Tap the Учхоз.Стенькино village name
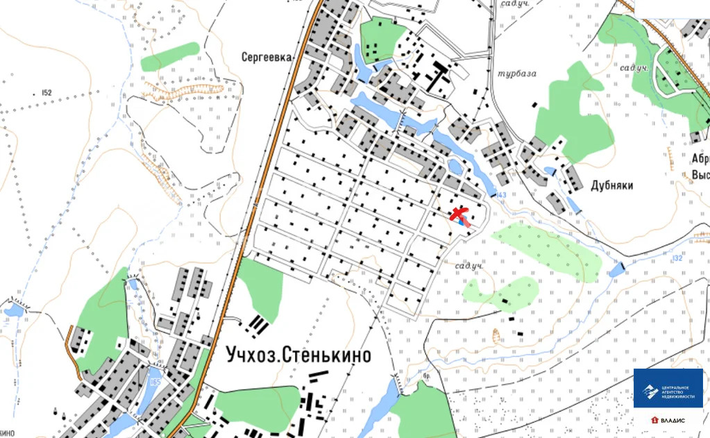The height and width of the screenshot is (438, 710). tap(298, 355)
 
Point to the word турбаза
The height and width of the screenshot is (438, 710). tap(517, 74)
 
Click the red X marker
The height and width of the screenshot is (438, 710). tap(458, 214)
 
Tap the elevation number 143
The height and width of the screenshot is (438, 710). tap(502, 194)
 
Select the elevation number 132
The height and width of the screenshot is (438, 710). tap(678, 258)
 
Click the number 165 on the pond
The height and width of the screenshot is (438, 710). tap(155, 382)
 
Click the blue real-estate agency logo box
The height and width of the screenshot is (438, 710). tap(668, 389)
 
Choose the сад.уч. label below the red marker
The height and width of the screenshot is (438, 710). tap(468, 266)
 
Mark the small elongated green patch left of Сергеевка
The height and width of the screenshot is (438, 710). tap(170, 56)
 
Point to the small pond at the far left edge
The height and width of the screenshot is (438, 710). tap(13, 310)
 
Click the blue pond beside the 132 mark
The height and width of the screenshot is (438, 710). tap(616, 269)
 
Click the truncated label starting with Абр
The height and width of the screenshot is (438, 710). tap(700, 158)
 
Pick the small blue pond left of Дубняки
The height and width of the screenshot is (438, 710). tap(550, 171)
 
